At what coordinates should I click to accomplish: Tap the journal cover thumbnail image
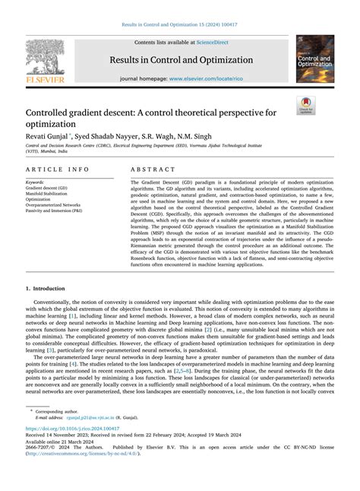click(x=314, y=59)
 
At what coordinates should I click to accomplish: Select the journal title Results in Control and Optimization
click(x=179, y=59)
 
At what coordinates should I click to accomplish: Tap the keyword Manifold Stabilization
click(x=50, y=194)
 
